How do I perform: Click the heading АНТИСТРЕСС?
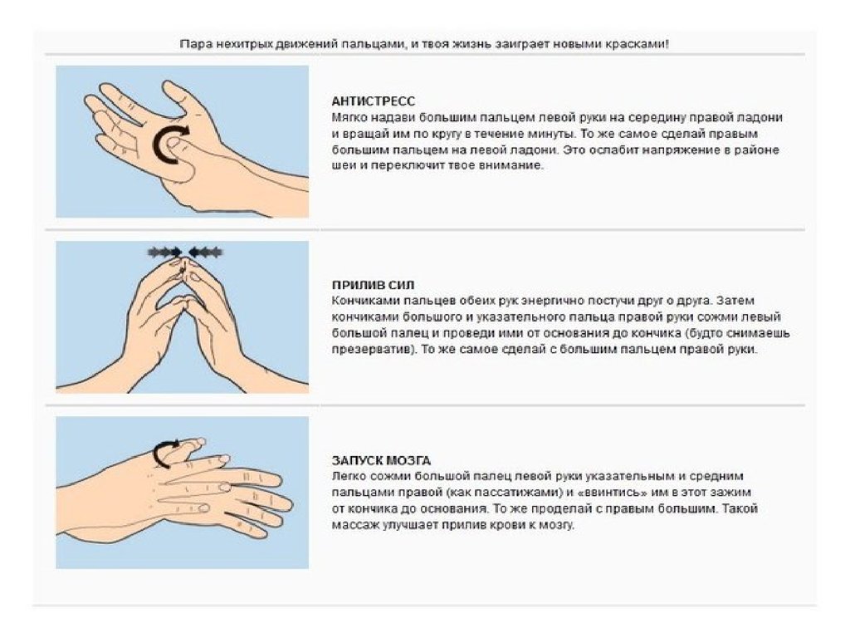373,101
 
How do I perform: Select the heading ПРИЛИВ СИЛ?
373,285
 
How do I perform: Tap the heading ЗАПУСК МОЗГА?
381,460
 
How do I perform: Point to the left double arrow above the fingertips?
165,251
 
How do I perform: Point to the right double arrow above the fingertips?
206,251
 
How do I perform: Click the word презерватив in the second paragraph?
374,350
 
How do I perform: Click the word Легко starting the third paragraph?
349,476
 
